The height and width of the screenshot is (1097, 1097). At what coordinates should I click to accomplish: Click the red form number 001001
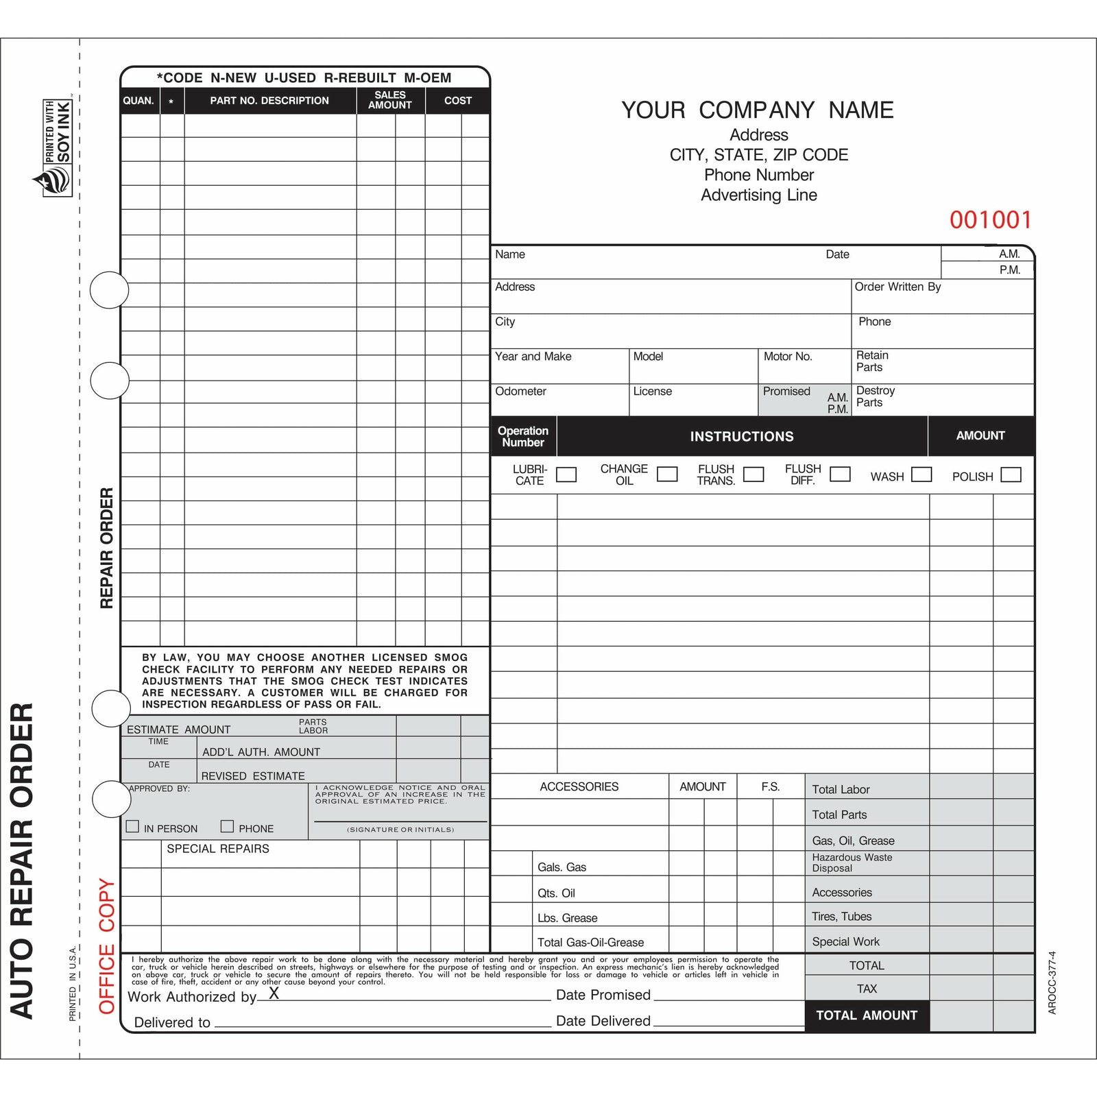[990, 220]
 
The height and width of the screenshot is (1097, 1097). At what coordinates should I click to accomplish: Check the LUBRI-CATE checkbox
[566, 474]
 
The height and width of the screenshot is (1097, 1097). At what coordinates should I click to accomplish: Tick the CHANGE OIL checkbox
[667, 474]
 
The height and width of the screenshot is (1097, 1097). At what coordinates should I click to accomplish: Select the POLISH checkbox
[1011, 474]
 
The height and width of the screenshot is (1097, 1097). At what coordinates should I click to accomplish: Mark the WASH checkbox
[921, 474]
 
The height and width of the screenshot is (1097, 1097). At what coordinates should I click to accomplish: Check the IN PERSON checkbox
[133, 826]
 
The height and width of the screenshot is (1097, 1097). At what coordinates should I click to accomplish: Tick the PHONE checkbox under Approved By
[227, 826]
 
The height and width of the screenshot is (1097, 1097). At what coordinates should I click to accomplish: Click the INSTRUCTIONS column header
[742, 436]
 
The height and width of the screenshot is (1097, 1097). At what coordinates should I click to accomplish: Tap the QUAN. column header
[138, 100]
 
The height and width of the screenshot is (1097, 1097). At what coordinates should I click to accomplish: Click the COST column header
[458, 100]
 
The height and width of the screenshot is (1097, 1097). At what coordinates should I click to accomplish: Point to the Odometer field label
[520, 391]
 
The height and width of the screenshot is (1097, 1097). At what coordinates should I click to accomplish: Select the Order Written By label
[897, 287]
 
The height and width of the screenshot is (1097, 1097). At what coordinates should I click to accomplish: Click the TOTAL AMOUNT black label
[867, 1015]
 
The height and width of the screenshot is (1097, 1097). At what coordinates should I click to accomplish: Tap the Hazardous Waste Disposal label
[852, 863]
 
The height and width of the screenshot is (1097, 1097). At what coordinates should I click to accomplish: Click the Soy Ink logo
[54, 148]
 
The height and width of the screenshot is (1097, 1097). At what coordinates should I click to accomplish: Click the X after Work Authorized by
[274, 993]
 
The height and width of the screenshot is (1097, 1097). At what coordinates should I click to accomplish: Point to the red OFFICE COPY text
[106, 945]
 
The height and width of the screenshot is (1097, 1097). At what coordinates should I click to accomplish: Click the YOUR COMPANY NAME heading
[758, 110]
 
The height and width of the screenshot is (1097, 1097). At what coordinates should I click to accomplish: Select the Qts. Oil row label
[556, 893]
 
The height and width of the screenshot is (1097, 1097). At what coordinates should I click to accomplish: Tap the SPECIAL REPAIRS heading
[218, 848]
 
